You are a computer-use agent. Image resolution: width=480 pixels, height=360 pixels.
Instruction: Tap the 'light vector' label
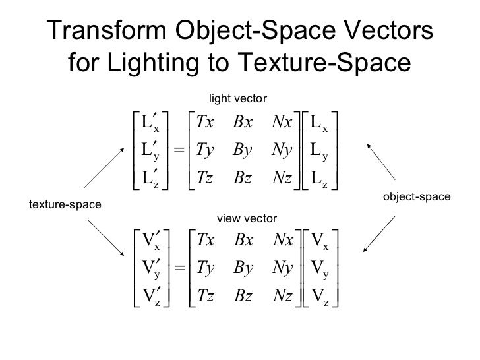(x=237, y=99)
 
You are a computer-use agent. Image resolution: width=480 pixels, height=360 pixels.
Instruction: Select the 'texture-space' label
(x=65, y=205)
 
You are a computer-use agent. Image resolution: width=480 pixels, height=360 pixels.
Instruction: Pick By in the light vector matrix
(x=245, y=150)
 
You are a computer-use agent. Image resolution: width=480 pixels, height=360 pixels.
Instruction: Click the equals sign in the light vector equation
(x=178, y=150)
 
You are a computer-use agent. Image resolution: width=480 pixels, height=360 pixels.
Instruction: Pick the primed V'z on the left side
(x=151, y=297)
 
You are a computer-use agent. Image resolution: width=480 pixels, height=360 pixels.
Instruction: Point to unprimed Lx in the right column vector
(x=319, y=123)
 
